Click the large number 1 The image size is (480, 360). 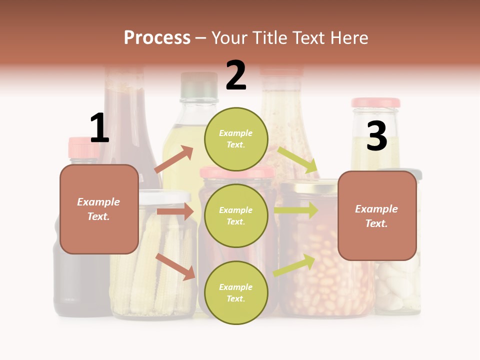coord(99,128)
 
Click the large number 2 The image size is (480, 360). coord(236,75)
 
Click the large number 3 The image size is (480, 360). coord(376,136)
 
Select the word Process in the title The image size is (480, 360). coord(157,37)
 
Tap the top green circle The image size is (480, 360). coord(236,139)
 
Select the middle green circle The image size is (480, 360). coord(236,215)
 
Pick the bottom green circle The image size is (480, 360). coord(236,292)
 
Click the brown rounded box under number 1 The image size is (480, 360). coord(99,209)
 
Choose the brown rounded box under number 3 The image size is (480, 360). coord(377,215)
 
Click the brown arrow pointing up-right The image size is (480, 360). coord(174,159)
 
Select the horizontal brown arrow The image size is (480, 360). coord(175,211)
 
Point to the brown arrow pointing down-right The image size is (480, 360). coord(175,266)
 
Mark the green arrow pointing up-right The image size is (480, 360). coord(294,265)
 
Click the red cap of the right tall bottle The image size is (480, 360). coord(375,102)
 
